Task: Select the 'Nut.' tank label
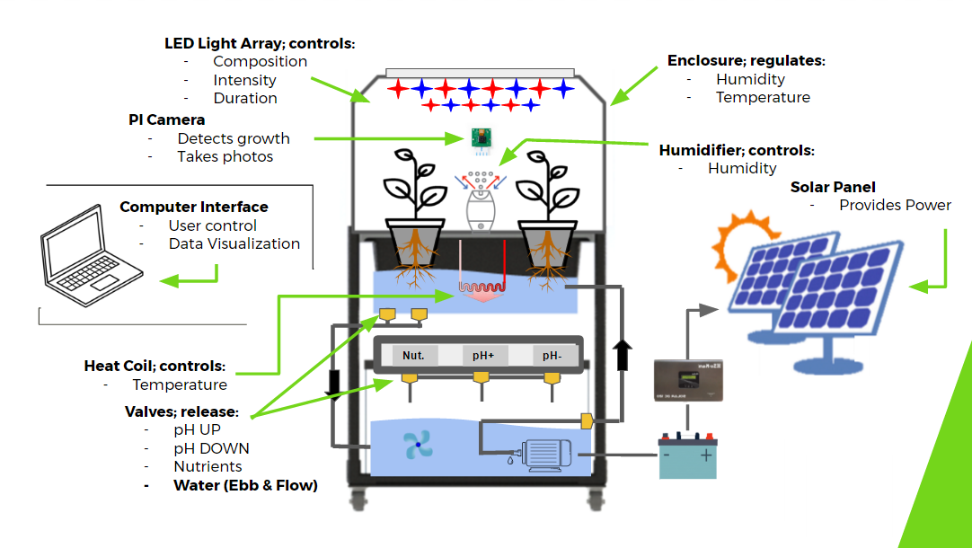coord(413,355)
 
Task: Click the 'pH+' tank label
coord(483,355)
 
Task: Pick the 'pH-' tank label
coord(551,355)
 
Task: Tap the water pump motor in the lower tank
coord(544,454)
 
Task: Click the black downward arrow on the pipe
coord(334,381)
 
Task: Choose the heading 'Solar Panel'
coord(834,187)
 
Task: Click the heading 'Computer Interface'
coord(194,208)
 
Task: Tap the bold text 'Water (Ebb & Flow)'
coord(245,486)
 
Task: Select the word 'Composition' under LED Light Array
coord(260,61)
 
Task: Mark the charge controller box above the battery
coord(687,380)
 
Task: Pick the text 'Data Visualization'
coord(234,243)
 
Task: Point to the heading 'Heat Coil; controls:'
coord(155,367)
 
